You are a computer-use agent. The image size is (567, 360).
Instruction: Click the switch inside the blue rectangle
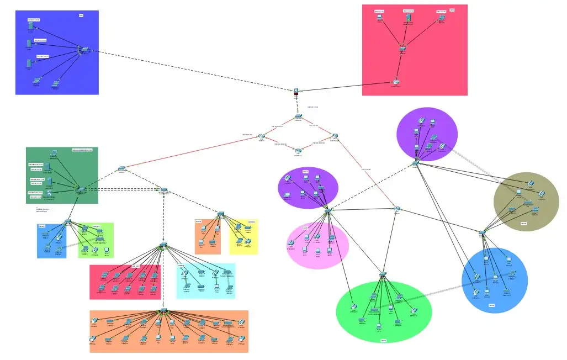[x=85, y=50]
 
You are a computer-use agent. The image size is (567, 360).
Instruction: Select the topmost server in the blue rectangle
[x=30, y=25]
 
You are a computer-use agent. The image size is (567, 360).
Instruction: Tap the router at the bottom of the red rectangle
[x=396, y=82]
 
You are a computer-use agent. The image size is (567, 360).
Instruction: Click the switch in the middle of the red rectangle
[x=403, y=49]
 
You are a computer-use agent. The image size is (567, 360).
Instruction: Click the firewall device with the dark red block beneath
[x=296, y=91]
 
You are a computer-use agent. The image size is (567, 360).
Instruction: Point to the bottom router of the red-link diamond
[x=298, y=150]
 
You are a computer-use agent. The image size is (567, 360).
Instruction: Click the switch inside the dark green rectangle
[x=81, y=189]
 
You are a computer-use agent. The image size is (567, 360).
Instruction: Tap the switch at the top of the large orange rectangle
[x=163, y=311]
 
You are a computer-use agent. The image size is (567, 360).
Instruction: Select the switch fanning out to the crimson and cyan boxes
[x=163, y=245]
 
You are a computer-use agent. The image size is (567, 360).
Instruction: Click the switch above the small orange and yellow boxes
[x=220, y=213]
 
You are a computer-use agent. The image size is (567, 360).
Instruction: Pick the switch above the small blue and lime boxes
[x=68, y=221]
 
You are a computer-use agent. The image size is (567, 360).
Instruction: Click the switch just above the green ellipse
[x=384, y=274]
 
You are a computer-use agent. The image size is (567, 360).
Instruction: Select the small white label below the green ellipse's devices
[x=383, y=341]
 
